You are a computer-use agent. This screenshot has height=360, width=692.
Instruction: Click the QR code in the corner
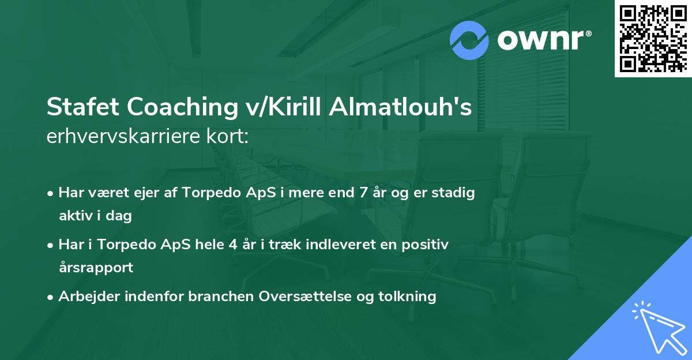tap(653, 39)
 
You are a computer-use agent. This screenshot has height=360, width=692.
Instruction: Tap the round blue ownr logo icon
tap(469, 40)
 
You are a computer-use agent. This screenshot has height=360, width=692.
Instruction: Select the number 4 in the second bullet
tap(233, 245)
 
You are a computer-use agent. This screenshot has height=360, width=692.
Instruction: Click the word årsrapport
tap(96, 267)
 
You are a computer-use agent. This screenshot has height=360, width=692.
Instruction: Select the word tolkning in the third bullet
tap(411, 297)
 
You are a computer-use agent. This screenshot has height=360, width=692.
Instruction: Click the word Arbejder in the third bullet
tap(85, 297)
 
